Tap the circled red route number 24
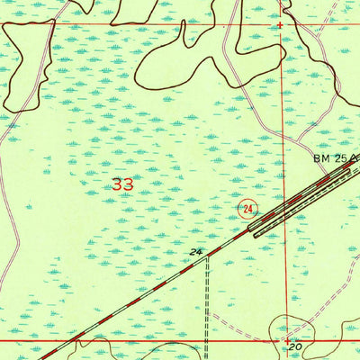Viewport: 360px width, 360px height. (247, 209)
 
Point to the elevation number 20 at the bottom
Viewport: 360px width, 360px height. (294, 345)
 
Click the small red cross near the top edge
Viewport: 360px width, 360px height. (280, 25)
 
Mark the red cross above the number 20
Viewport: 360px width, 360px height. (287, 340)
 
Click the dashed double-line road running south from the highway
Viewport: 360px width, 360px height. (208, 306)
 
